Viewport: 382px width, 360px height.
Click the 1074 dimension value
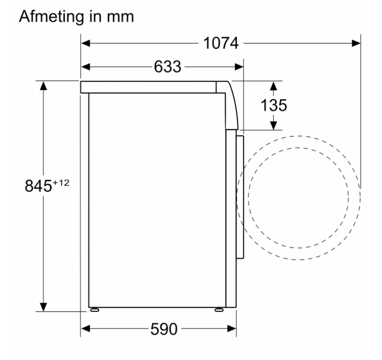[x=221, y=43]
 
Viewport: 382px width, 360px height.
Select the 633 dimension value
[x=168, y=66]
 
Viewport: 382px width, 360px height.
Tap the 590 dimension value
[x=164, y=329]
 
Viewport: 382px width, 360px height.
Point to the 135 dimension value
[x=274, y=105]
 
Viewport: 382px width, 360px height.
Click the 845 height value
[x=38, y=186]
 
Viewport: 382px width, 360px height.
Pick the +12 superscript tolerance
[x=61, y=183]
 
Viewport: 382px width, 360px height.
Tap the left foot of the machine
[x=94, y=310]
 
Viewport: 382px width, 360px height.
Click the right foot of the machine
[x=219, y=310]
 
